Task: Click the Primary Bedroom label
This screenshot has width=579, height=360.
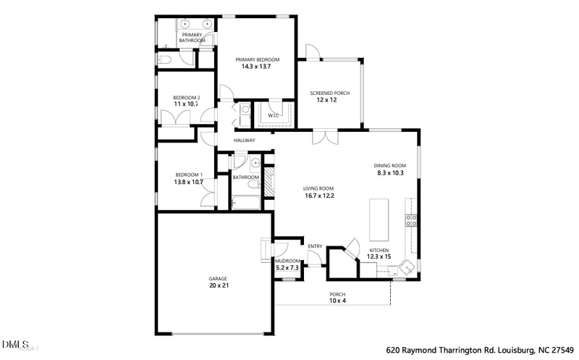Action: tap(256, 59)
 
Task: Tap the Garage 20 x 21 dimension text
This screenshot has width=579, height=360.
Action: tap(218, 286)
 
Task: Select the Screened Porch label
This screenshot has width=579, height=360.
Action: tap(329, 93)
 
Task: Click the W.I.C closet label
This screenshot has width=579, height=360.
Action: tap(274, 115)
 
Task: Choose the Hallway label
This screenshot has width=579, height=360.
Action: tap(245, 141)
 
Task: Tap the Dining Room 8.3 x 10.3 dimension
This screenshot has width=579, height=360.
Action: tap(389, 173)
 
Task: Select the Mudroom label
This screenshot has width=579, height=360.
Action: tap(287, 261)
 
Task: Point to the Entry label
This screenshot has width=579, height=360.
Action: tap(315, 246)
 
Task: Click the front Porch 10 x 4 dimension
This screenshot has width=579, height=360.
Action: tap(337, 301)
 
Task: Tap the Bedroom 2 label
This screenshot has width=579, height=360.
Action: tap(186, 99)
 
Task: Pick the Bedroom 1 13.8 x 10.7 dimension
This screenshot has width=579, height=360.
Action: tap(188, 182)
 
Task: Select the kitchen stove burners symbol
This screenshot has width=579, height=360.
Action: tap(411, 220)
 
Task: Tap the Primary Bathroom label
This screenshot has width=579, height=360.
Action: tap(192, 38)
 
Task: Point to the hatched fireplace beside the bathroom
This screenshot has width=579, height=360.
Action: tap(269, 182)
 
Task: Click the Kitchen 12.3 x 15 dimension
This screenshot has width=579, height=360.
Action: tap(379, 256)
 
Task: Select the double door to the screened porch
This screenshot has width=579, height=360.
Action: tap(325, 138)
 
